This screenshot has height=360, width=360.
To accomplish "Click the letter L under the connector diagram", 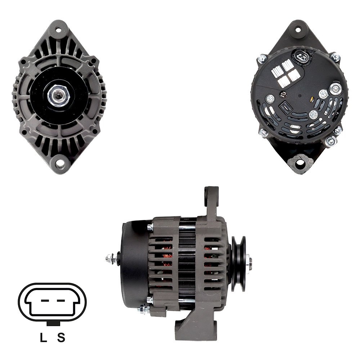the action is (43, 338).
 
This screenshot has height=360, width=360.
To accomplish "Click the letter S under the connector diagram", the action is (61, 338).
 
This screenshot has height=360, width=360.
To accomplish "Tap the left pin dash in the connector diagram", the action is (45, 300).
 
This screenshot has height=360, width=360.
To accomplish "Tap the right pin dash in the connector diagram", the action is (60, 300).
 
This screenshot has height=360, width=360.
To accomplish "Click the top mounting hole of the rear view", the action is (298, 30).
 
